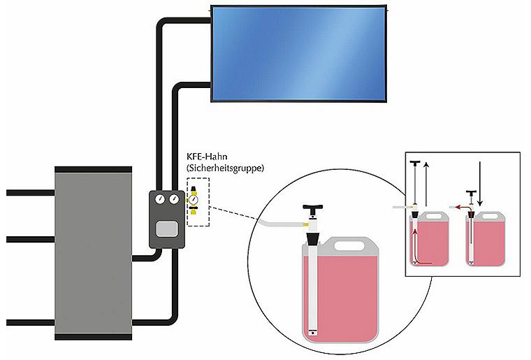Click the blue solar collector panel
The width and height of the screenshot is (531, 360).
tap(298, 54)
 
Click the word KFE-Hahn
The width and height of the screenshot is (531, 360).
tap(207, 157)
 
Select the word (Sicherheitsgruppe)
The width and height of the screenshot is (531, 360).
tap(225, 168)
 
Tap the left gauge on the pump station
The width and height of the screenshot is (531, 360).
tap(160, 199)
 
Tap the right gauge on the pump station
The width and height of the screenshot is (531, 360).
tap(174, 199)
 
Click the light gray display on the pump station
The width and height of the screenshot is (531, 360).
tap(167, 229)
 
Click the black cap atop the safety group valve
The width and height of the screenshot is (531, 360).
tap(194, 189)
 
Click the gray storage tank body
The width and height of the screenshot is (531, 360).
tap(94, 253)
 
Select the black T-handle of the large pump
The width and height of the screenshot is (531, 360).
tap(313, 210)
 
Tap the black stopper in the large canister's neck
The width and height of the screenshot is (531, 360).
tap(312, 239)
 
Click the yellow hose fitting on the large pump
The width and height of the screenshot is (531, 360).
tap(305, 224)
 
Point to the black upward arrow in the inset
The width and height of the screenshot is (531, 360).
tap(426, 185)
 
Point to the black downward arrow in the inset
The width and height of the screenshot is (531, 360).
tap(480, 184)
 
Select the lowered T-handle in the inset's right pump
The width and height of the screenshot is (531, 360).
tap(471, 194)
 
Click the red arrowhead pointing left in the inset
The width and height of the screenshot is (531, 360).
tap(457, 207)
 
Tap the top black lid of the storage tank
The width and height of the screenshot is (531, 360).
tap(94, 169)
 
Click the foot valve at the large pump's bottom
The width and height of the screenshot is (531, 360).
tap(312, 332)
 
